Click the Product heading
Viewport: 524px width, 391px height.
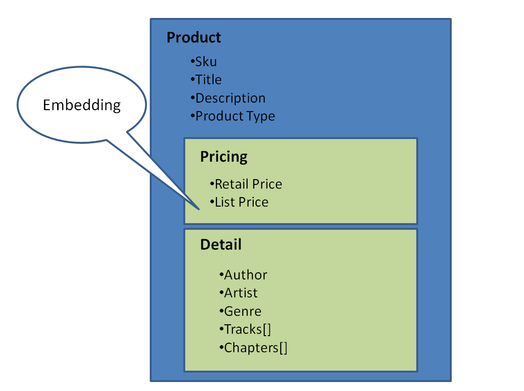pos(194,37)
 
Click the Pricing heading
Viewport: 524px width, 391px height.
pos(223,156)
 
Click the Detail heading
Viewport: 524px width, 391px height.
pos(221,244)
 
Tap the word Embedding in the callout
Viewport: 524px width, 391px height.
pos(82,105)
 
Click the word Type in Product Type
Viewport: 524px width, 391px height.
pos(262,116)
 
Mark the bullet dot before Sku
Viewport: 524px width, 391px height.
pos(193,61)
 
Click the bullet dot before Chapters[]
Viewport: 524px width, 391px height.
pos(221,348)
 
